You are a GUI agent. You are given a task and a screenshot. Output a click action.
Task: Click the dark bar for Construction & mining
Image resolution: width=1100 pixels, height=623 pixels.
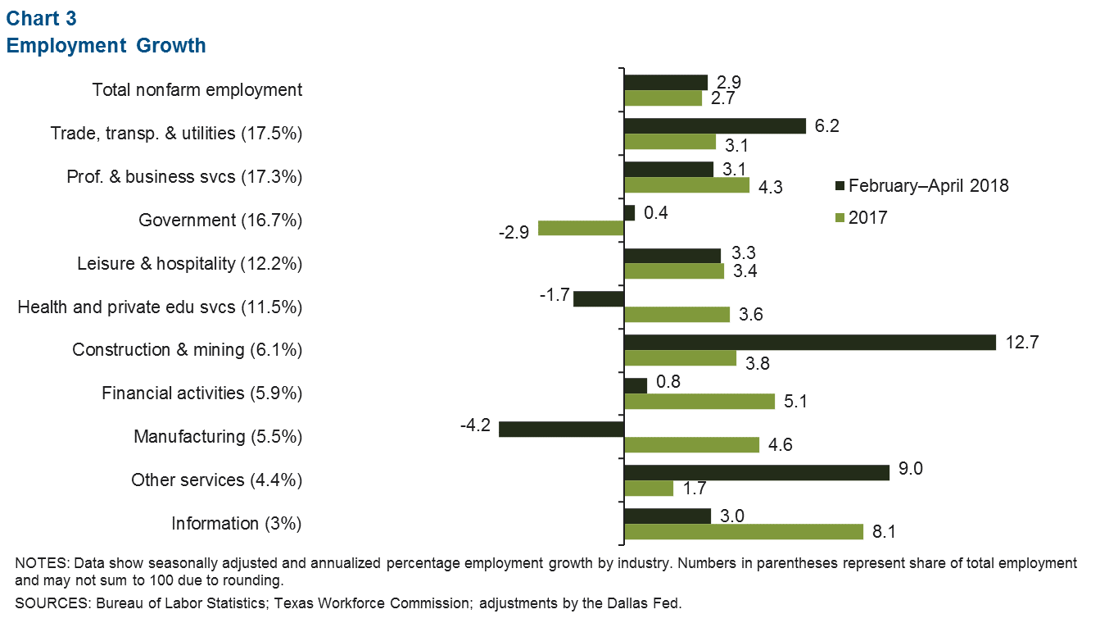tap(809, 342)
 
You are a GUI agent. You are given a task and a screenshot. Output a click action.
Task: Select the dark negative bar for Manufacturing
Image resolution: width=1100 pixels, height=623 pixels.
tap(561, 429)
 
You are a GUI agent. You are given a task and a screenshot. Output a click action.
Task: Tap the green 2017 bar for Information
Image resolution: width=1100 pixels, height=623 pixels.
tap(744, 531)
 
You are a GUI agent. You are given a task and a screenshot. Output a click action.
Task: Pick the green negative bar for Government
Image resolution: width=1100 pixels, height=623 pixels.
tap(581, 229)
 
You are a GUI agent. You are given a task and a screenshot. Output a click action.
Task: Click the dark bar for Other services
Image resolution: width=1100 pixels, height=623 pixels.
tap(756, 472)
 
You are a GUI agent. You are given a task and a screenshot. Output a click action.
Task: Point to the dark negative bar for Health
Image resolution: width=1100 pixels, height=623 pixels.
tap(599, 298)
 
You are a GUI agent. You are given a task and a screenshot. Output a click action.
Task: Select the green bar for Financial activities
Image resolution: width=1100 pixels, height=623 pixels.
tap(699, 401)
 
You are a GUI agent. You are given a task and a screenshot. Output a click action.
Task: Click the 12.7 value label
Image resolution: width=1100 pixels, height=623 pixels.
tap(1021, 342)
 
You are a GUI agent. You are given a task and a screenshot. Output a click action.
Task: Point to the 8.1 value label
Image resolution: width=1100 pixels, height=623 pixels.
tap(883, 533)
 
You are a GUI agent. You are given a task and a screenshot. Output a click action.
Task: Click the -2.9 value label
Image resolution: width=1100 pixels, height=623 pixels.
tap(514, 230)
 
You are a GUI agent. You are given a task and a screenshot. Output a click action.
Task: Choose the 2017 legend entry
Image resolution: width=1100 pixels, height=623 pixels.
tap(867, 217)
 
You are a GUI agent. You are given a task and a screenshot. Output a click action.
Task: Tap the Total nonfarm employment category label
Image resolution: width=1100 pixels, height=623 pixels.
tap(197, 90)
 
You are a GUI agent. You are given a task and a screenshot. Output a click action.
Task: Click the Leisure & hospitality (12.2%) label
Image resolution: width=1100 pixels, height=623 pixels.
tap(189, 264)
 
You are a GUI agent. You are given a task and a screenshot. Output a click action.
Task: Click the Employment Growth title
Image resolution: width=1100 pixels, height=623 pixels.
tap(106, 46)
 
